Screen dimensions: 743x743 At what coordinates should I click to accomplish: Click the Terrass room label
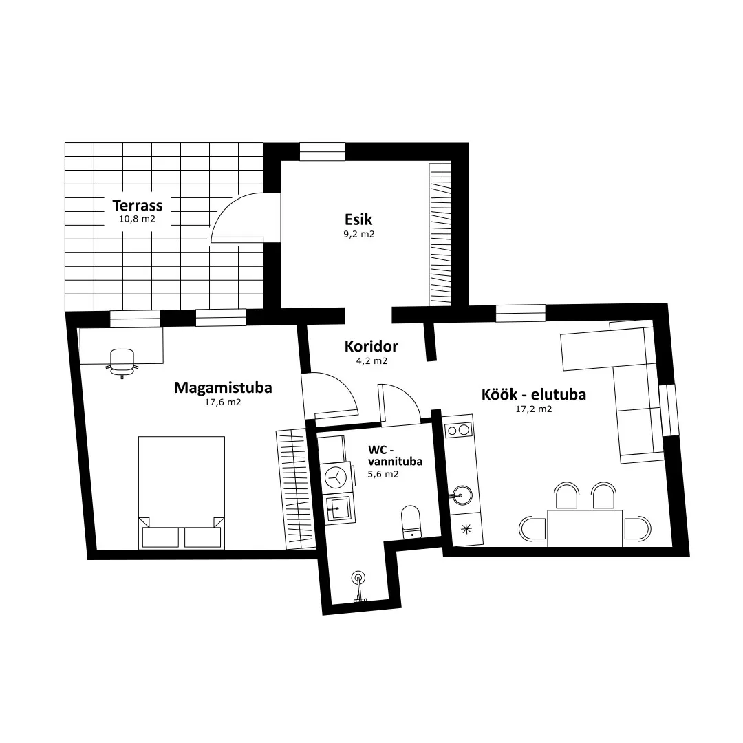[x=138, y=205]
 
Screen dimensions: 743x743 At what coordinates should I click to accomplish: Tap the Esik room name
[x=358, y=219]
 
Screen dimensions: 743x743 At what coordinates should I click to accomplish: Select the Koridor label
[x=371, y=346]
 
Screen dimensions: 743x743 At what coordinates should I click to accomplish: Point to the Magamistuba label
[x=223, y=387]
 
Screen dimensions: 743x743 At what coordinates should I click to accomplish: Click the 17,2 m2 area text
[x=534, y=409]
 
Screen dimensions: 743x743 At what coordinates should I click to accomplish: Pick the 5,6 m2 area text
[x=383, y=474]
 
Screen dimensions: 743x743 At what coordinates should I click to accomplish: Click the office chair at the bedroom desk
[x=122, y=363]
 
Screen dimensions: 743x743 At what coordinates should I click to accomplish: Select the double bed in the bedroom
[x=182, y=493]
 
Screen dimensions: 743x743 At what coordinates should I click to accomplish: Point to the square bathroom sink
[x=339, y=508]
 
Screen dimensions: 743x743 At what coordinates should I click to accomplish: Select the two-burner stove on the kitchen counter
[x=458, y=430]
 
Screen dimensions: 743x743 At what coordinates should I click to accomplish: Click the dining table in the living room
[x=585, y=528]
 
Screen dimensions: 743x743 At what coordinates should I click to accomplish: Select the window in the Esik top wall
[x=322, y=151]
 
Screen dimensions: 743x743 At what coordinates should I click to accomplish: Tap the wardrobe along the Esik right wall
[x=440, y=234]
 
